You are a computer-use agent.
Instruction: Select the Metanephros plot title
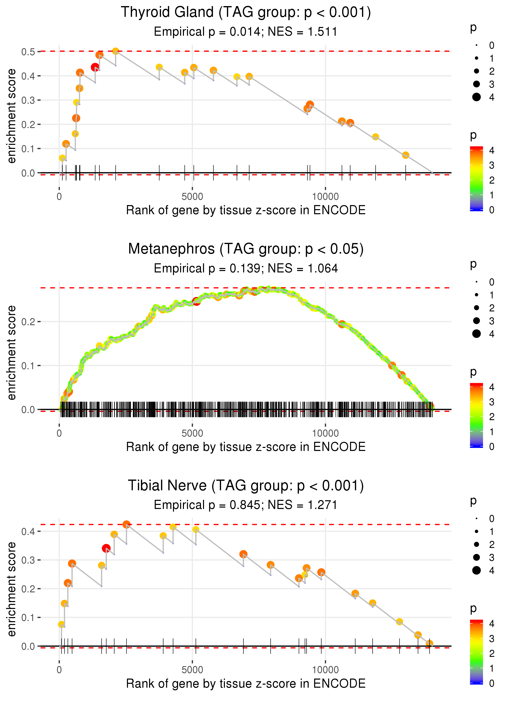pos(246,249)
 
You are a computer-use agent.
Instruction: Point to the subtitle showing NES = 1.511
pos(246,32)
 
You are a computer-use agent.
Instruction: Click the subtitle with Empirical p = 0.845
pos(246,505)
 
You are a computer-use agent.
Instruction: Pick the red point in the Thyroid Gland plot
pos(95,67)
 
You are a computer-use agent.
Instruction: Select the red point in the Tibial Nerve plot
pos(106,548)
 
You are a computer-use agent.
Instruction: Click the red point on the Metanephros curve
pos(196,301)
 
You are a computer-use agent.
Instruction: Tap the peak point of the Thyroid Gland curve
pos(116,51)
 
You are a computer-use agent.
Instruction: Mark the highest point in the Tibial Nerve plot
pos(126,525)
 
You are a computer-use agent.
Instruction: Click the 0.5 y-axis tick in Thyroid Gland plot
pos(28,52)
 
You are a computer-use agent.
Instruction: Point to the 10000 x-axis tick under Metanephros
pos(325,433)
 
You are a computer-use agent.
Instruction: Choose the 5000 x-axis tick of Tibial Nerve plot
pos(192,670)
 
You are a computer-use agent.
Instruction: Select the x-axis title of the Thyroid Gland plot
pos(246,210)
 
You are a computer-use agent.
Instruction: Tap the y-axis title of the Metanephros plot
pos(12,353)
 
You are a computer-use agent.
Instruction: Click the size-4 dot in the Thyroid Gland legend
pos(476,97)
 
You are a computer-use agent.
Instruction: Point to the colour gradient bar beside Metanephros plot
pos(476,415)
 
